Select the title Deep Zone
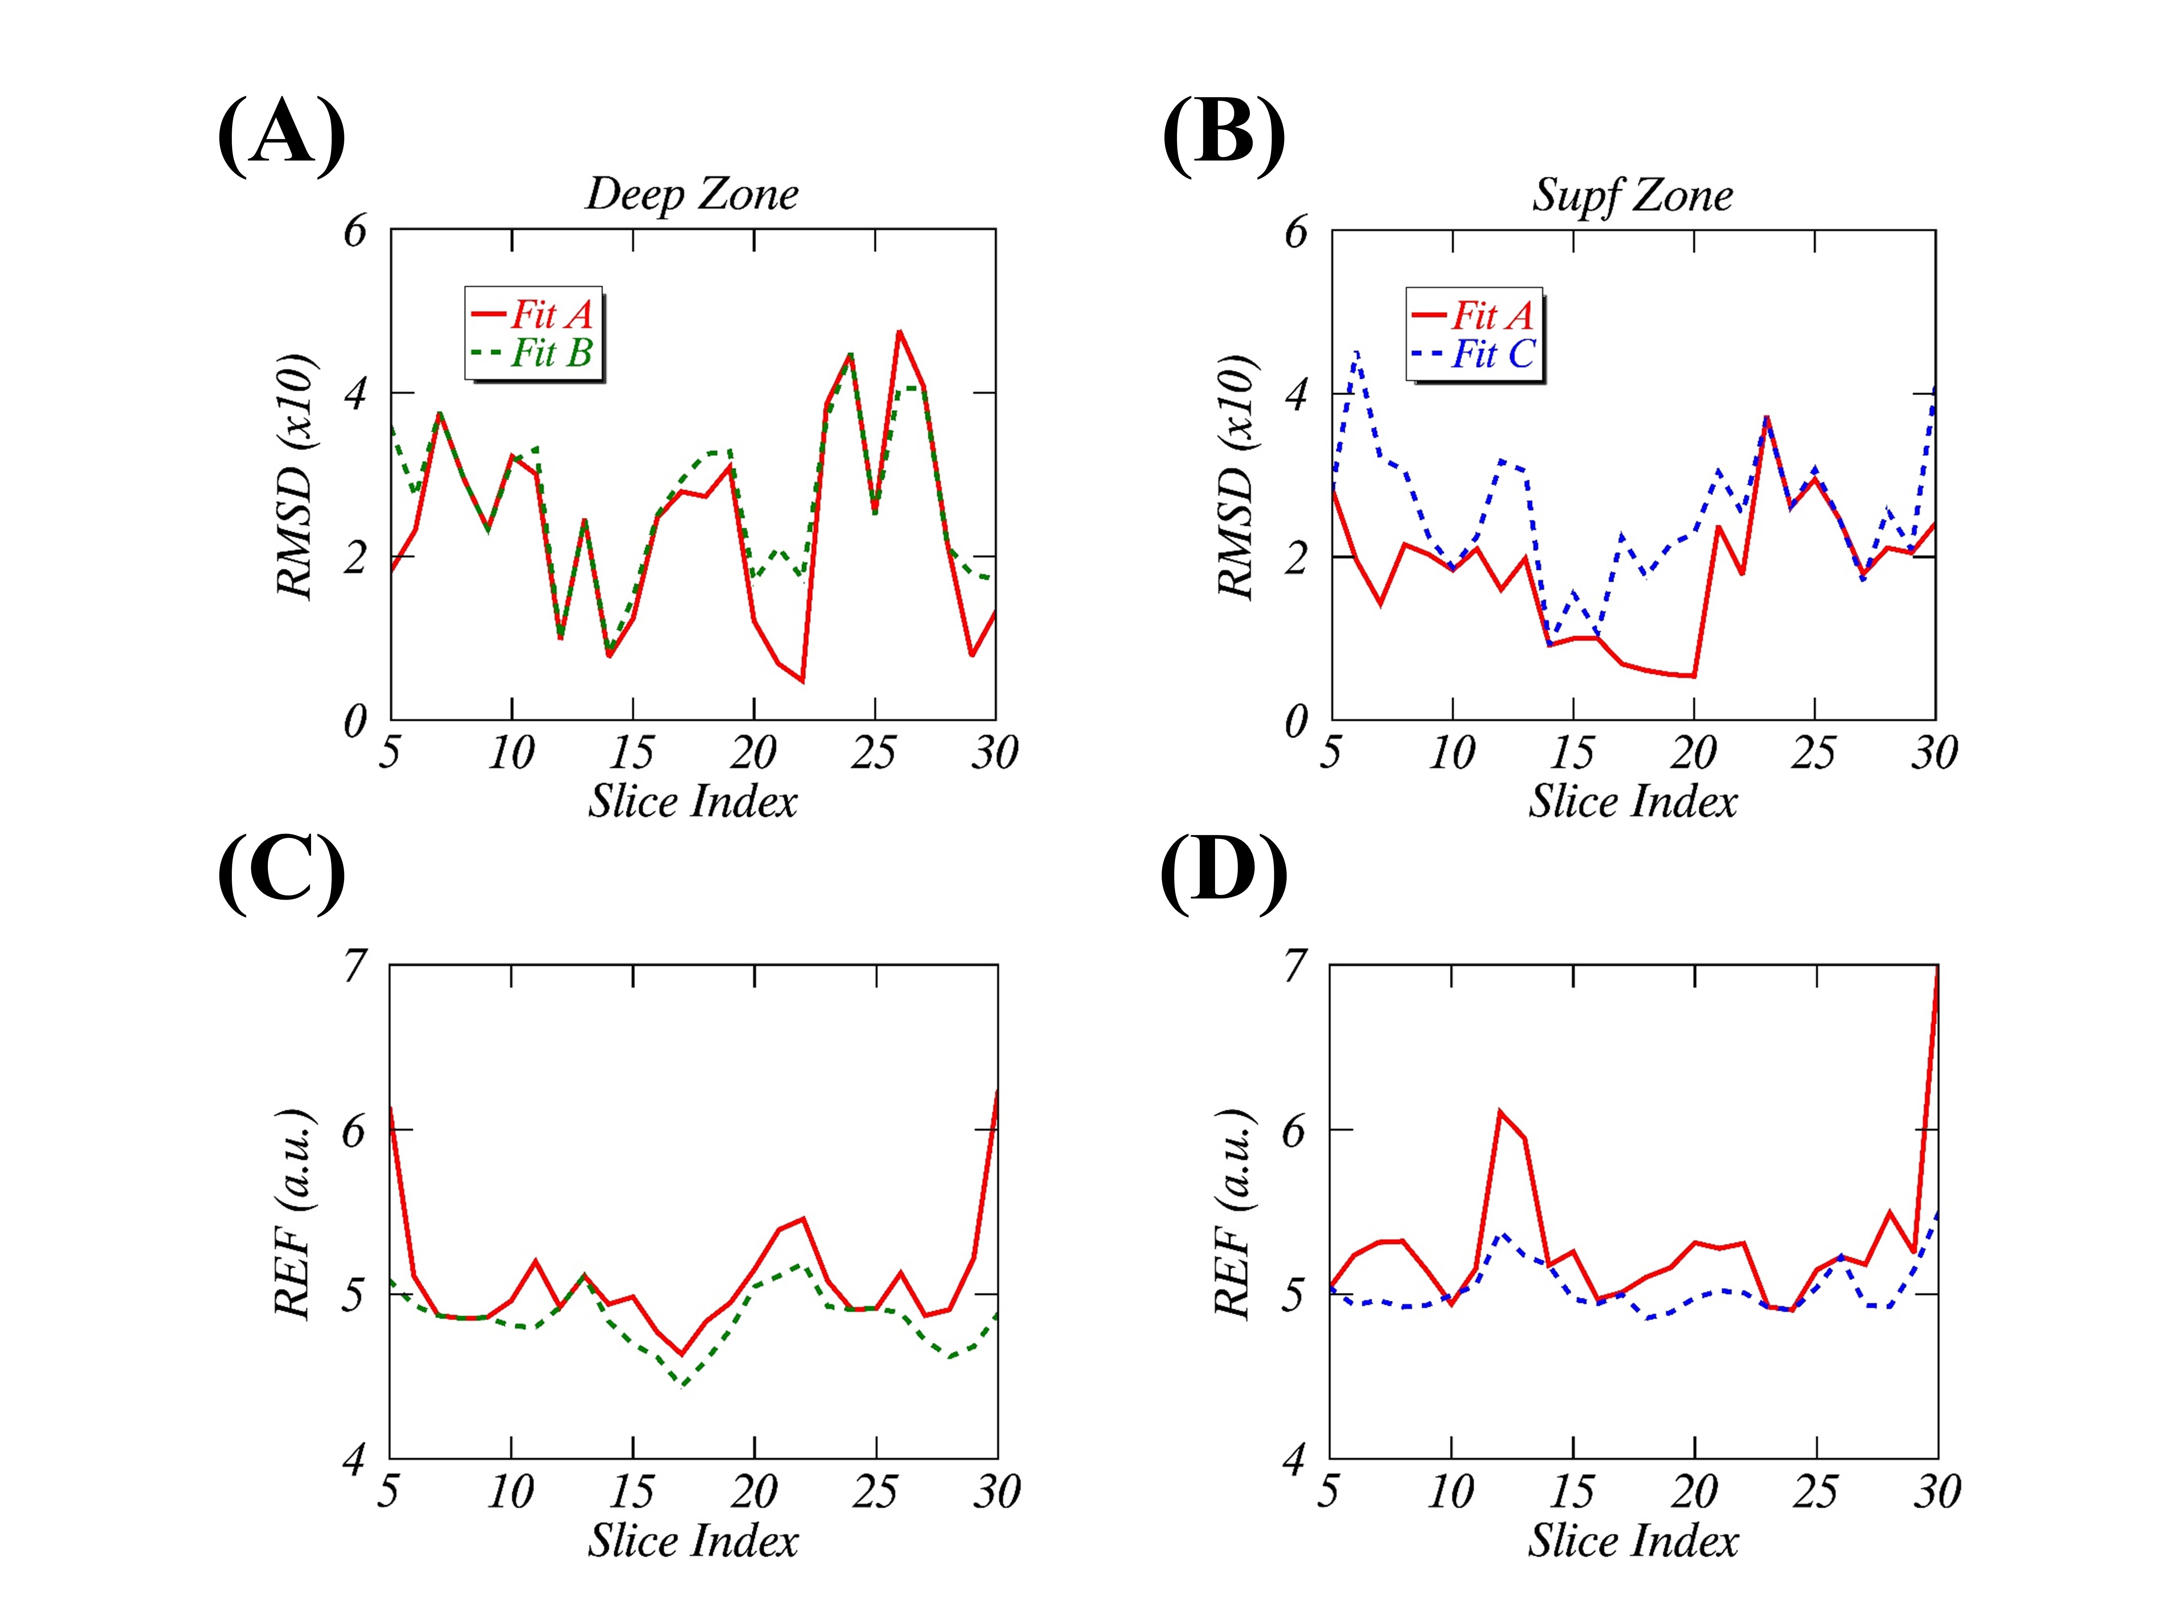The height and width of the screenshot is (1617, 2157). click(691, 194)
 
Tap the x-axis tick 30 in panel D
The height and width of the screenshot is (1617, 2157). click(1937, 1491)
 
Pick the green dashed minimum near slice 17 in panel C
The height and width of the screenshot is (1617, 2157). click(683, 1384)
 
